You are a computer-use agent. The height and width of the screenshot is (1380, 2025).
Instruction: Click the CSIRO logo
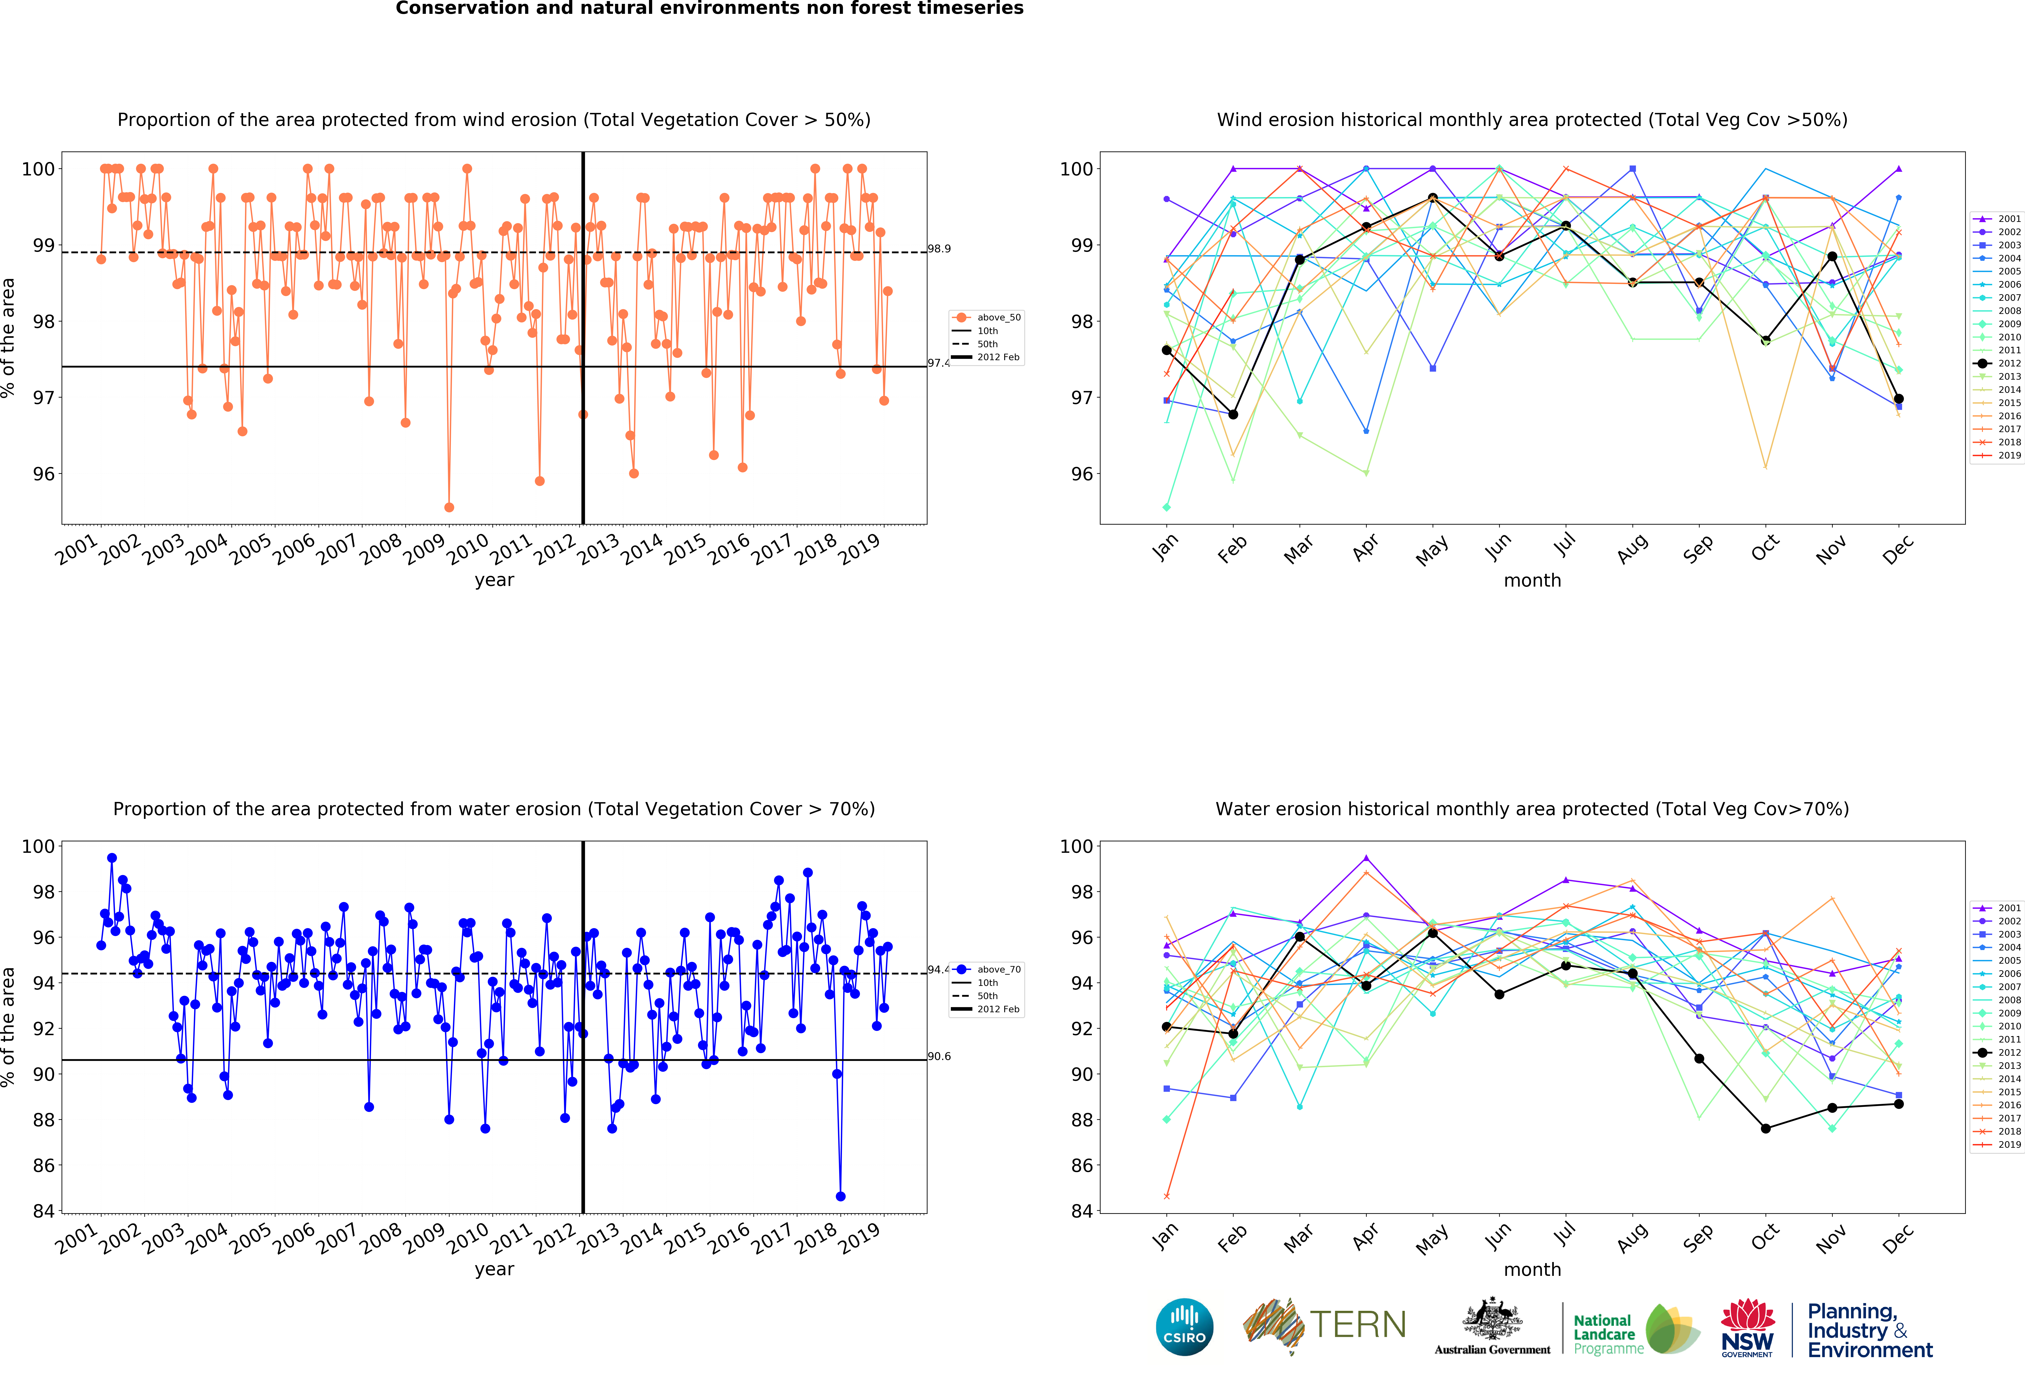[1184, 1327]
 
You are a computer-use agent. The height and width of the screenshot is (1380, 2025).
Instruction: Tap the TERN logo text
[1358, 1325]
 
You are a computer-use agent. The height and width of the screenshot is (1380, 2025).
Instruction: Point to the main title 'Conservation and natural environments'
[709, 9]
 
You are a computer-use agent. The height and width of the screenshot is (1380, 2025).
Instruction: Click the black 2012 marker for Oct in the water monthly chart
[1765, 1128]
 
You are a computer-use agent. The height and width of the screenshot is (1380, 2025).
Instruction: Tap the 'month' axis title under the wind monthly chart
[1532, 580]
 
